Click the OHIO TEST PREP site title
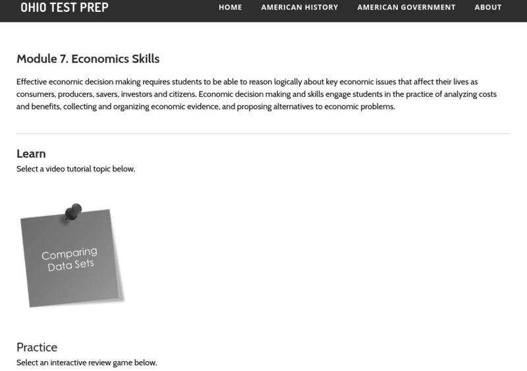click(x=65, y=8)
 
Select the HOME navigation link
click(x=231, y=8)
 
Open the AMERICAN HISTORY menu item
click(x=300, y=8)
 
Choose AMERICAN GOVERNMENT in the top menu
click(x=406, y=8)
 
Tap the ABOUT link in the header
click(x=488, y=8)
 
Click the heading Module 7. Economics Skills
click(x=88, y=59)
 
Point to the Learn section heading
click(x=31, y=154)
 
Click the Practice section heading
click(x=37, y=347)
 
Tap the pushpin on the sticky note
click(x=72, y=212)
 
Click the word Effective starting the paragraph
click(x=33, y=82)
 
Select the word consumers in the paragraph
click(x=38, y=94)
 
